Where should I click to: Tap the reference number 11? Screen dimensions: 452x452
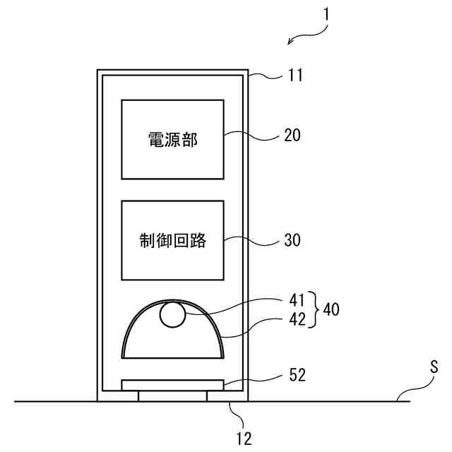point(295,75)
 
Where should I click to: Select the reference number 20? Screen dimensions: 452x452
point(292,136)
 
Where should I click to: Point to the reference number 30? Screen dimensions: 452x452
point(292,240)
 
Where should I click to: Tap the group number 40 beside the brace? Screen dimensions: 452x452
point(331,309)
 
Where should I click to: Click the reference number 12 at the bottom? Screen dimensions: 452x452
point(243,438)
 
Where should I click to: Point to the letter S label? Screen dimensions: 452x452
point(434,367)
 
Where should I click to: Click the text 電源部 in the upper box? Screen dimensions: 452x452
point(173,140)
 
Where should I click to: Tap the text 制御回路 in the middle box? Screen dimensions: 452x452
point(173,240)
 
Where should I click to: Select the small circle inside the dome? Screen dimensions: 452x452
point(172,314)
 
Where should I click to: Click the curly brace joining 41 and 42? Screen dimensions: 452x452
point(314,309)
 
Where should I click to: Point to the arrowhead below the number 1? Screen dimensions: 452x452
point(291,43)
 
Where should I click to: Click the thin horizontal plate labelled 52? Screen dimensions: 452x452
point(173,385)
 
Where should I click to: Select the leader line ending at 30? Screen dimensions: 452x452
point(253,241)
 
